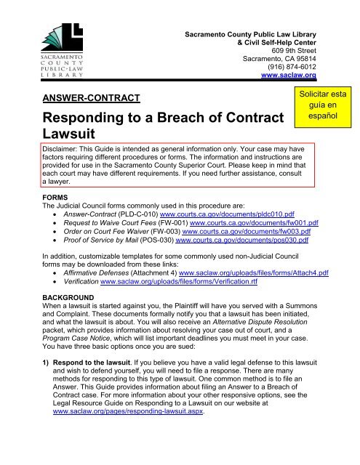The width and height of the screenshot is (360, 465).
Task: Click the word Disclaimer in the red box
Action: (x=63, y=147)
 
